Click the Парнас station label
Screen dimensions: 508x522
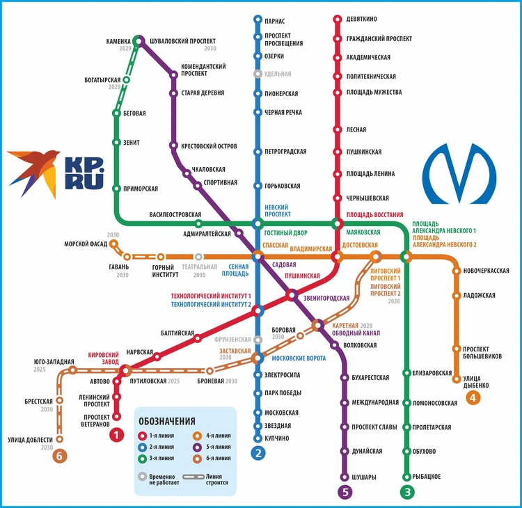point(275,22)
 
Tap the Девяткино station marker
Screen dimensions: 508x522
point(338,19)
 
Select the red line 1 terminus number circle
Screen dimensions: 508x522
point(116,436)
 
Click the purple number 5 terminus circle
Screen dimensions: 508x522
point(344,492)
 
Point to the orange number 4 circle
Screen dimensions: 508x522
point(473,399)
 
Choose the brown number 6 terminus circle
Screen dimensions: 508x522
point(60,457)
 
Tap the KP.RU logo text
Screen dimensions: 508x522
point(84,173)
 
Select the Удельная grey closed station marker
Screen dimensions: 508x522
point(258,74)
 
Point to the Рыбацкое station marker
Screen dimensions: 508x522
point(407,477)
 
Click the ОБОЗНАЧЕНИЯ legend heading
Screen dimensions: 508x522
point(166,421)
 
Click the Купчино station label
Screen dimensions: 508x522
point(276,438)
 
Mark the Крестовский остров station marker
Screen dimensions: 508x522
point(174,146)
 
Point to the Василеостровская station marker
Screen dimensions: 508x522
point(199,223)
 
